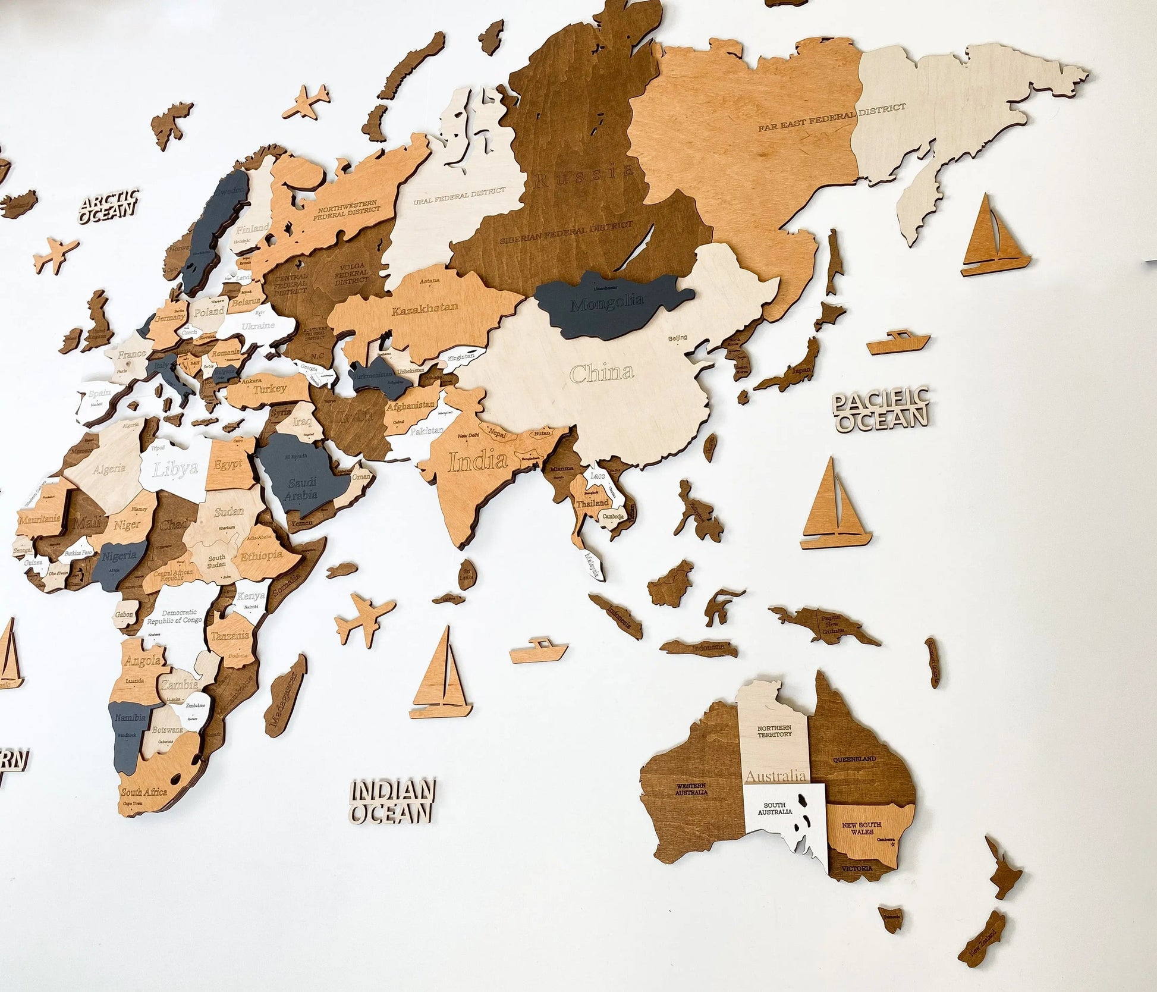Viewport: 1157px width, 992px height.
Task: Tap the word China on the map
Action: click(602, 373)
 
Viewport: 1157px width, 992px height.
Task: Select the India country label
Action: click(477, 461)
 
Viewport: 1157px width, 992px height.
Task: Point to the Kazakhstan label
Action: click(425, 308)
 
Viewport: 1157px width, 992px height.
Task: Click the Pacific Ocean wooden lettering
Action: click(881, 408)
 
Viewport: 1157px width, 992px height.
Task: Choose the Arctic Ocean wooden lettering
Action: click(108, 206)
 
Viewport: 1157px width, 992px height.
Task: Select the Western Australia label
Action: click(691, 789)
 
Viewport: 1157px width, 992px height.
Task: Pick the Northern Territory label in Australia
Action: click(774, 730)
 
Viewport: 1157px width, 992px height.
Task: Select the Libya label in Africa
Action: click(175, 469)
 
